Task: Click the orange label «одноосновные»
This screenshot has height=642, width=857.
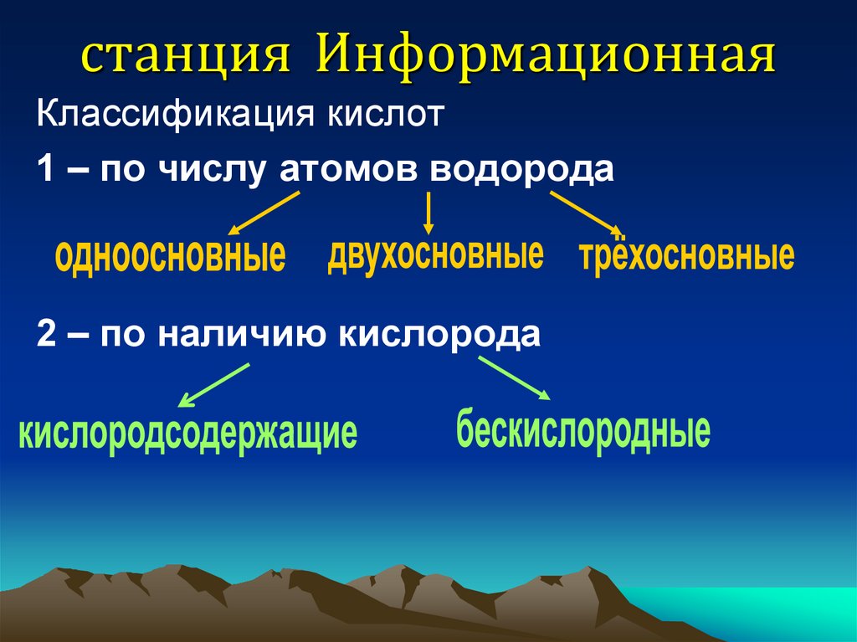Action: coord(170,255)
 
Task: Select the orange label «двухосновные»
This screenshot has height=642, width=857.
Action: coord(435,253)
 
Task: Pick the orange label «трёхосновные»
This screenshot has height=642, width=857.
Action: coord(686,254)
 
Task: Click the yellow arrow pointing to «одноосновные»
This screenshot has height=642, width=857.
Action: coord(263,213)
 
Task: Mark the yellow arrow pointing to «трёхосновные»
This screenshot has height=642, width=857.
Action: coord(584,213)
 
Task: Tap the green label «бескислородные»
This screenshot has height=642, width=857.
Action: coord(583,429)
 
